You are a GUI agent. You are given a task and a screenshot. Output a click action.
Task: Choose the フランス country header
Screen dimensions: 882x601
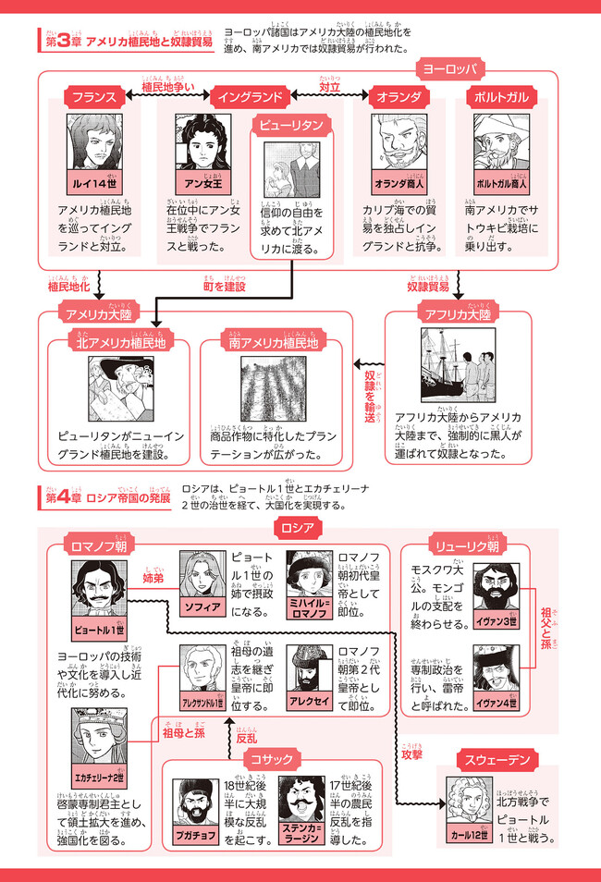coord(90,97)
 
